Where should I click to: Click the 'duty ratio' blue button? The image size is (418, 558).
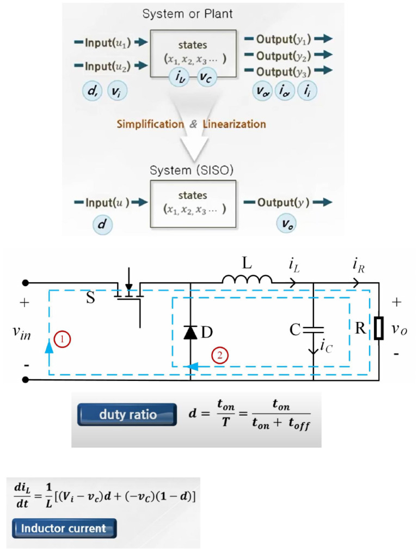[x=127, y=414]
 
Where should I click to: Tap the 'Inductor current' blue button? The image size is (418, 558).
[x=64, y=528]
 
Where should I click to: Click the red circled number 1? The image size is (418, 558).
[x=62, y=339]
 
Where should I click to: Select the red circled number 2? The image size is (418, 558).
[x=220, y=355]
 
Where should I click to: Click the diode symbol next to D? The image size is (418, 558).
[x=190, y=332]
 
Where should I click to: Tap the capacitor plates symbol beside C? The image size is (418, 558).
[x=313, y=330]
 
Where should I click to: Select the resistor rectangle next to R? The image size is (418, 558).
[x=379, y=328]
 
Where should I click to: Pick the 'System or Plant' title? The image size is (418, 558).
[x=187, y=14]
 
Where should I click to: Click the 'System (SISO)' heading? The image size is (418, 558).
[x=192, y=170]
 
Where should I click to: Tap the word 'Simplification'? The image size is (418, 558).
[x=150, y=124]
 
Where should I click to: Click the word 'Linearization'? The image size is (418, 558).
[x=234, y=124]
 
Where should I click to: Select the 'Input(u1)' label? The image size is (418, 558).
[x=108, y=43]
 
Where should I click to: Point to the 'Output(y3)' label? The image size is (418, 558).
[x=284, y=71]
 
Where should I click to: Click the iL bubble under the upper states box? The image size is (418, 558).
[x=180, y=76]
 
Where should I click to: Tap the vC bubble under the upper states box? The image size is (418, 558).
[x=206, y=77]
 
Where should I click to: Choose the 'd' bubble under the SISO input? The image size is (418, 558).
[x=102, y=224]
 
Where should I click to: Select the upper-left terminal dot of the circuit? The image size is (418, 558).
[x=25, y=283]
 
